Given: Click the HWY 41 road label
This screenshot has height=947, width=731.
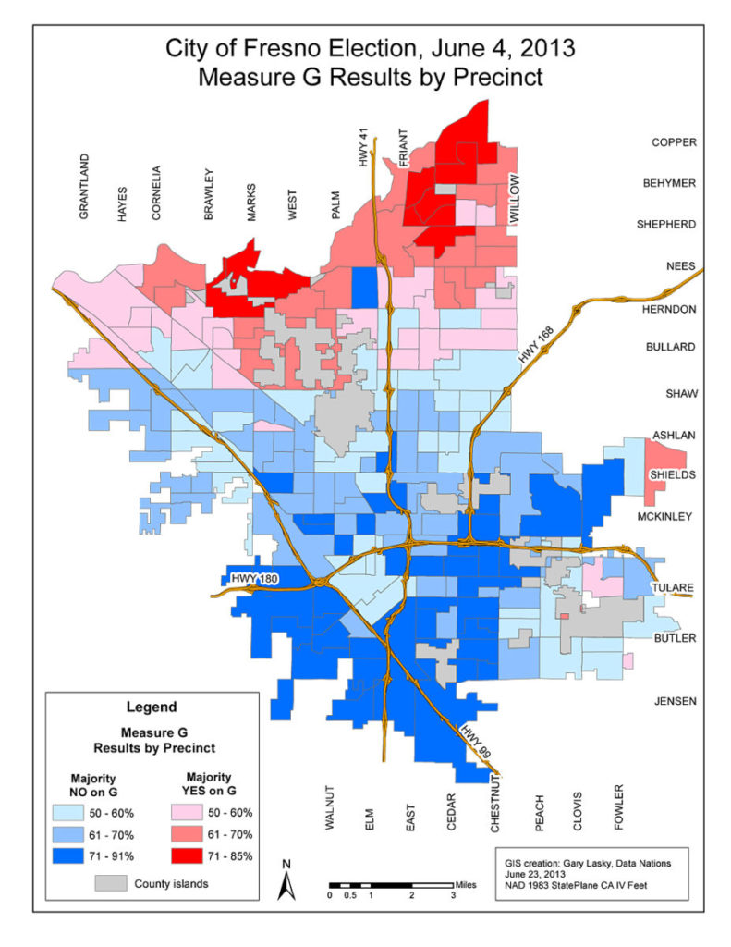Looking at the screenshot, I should [364, 146].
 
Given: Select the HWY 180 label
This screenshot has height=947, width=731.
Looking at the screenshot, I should [255, 579].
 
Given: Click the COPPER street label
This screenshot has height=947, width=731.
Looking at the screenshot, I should [674, 142].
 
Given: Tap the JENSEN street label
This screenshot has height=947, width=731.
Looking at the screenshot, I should [674, 701].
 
